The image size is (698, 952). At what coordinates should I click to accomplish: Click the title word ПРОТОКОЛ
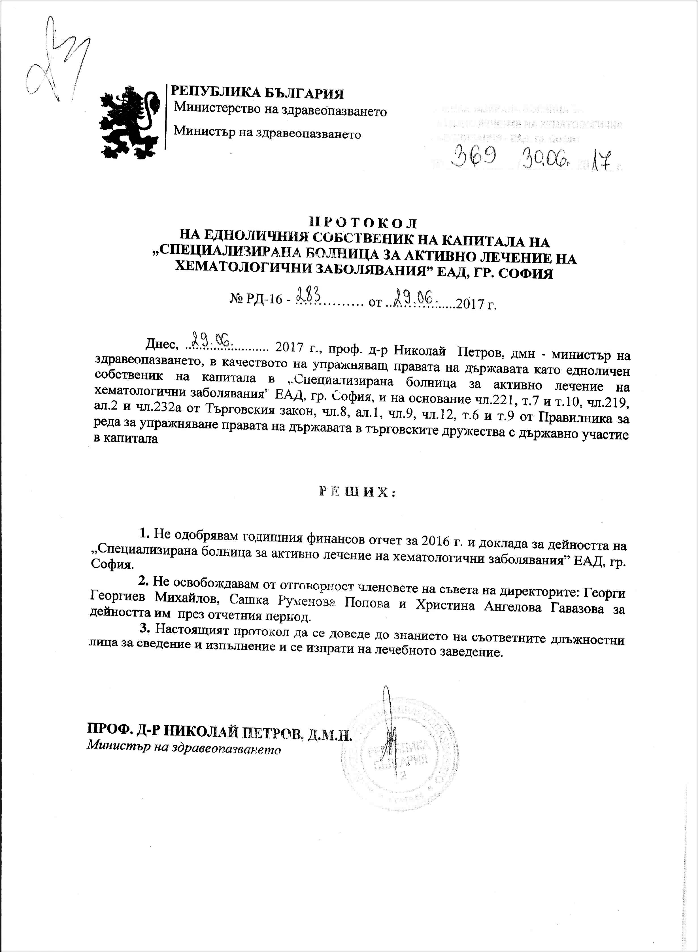tap(363, 223)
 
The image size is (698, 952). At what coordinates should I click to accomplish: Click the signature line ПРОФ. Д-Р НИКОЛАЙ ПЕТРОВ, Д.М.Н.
tap(219, 730)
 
